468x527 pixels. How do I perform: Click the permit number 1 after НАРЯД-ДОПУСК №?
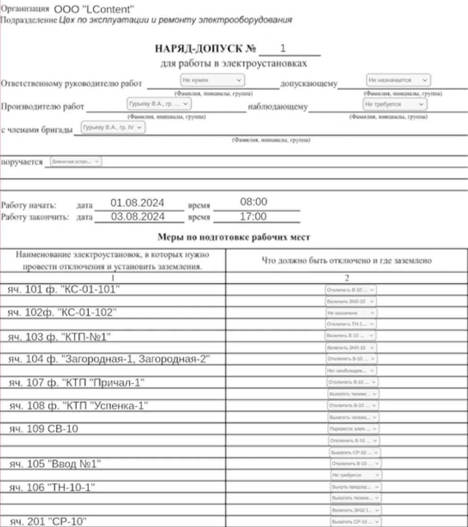tap(283, 48)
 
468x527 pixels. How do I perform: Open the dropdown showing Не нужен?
tap(213, 80)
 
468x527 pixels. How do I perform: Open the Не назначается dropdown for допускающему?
tap(399, 80)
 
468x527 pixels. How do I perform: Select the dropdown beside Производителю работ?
tap(159, 104)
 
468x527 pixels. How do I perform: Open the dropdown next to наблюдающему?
tap(394, 104)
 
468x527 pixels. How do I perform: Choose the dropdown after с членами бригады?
tap(113, 127)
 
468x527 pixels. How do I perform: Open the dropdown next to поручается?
tap(76, 162)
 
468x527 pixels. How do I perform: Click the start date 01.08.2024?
tap(137, 203)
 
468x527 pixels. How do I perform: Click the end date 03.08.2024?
tap(137, 217)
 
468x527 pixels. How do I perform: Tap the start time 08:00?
tap(254, 202)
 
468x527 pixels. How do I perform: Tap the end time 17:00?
tap(254, 217)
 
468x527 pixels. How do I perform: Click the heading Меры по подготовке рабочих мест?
tap(234, 237)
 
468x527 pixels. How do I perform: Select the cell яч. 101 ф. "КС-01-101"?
tap(64, 289)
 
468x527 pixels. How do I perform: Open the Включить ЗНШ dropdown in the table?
tap(356, 510)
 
